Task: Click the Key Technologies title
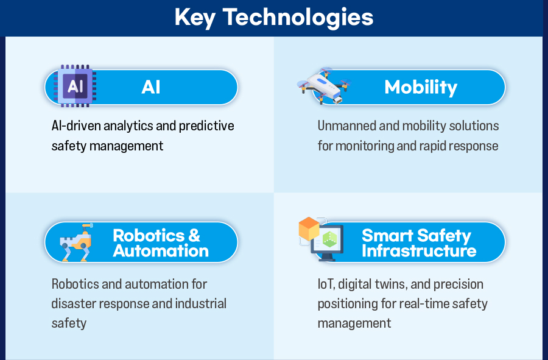(x=274, y=18)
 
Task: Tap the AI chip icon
(x=75, y=86)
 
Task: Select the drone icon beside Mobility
(x=324, y=86)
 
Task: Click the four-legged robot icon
(x=77, y=242)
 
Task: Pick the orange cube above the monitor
(x=309, y=228)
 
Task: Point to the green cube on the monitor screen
(x=329, y=239)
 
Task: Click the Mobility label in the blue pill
(x=421, y=87)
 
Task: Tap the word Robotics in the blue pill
(x=149, y=236)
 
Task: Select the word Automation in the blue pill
(x=161, y=251)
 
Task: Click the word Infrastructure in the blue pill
(x=419, y=251)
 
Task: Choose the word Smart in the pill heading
(x=387, y=236)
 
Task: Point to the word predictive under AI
(x=206, y=126)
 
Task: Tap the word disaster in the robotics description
(x=74, y=304)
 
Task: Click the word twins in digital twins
(x=391, y=284)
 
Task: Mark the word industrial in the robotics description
(x=200, y=304)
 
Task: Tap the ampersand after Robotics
(x=194, y=236)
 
